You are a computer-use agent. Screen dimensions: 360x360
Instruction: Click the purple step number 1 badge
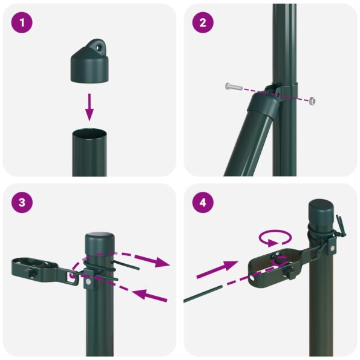22,23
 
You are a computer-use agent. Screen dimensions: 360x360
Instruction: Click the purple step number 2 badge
203,23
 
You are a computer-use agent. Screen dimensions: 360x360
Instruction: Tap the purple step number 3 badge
22,203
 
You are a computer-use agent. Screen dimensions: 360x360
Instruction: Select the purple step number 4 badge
203,203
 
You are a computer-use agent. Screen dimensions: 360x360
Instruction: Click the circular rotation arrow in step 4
275,237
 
